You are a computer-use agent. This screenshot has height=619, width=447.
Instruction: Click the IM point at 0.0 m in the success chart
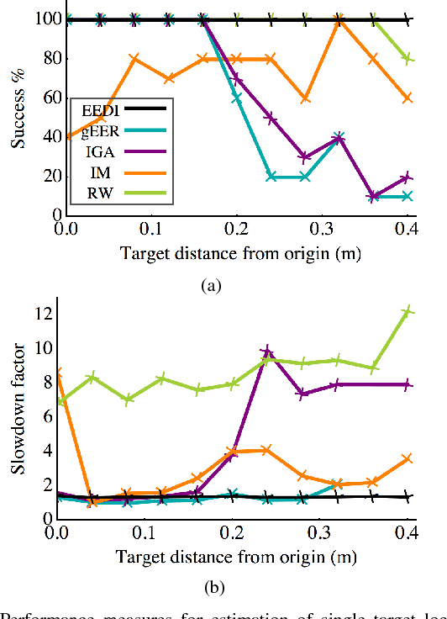tap(58, 137)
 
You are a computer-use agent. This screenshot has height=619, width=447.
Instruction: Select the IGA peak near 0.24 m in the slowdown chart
tap(268, 351)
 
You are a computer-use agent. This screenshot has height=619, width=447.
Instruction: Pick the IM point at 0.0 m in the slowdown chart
tap(58, 372)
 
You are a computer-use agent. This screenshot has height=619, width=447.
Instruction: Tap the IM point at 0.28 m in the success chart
tap(305, 98)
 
